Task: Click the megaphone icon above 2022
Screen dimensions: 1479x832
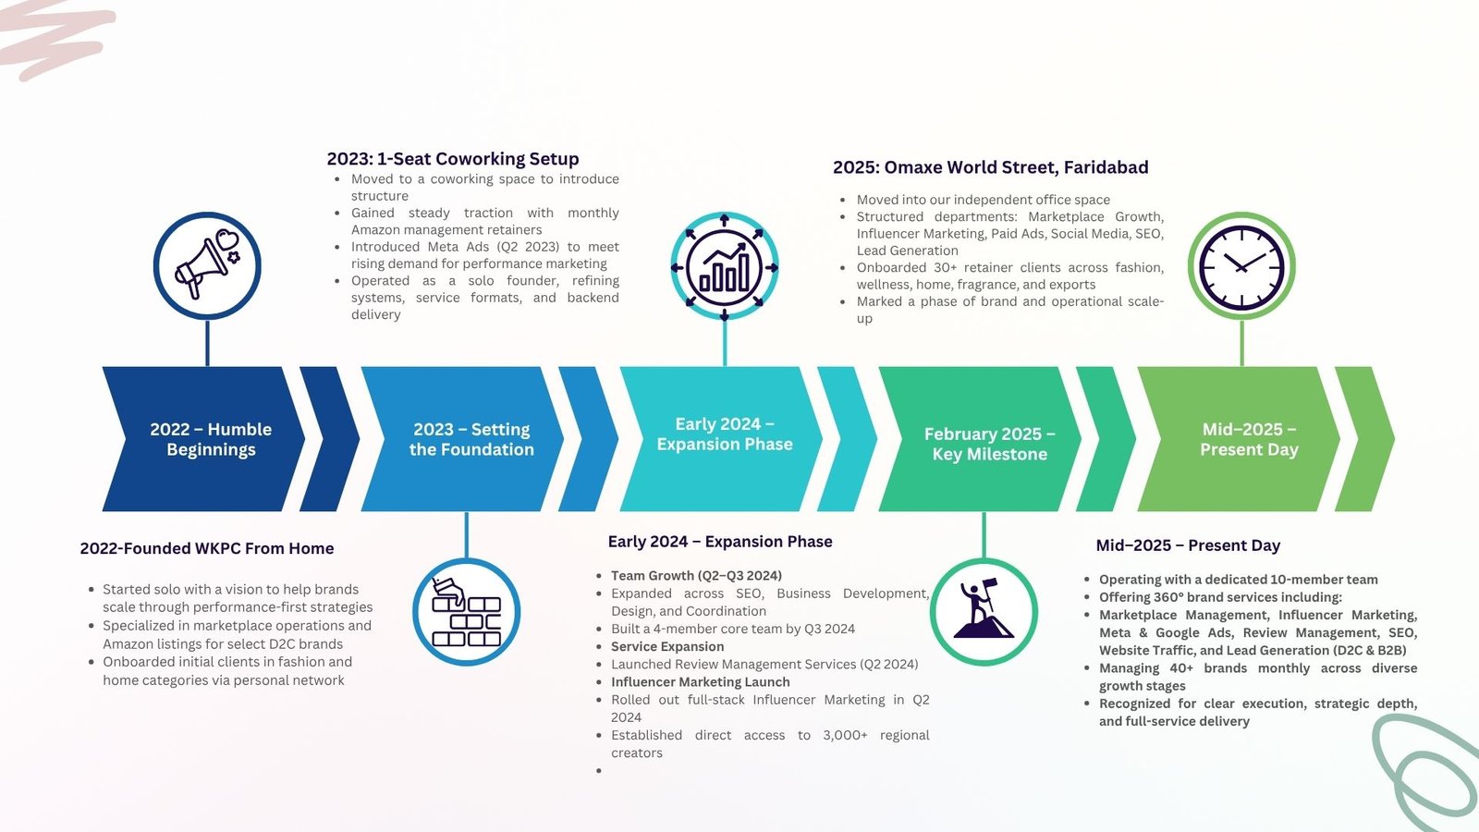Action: click(x=207, y=265)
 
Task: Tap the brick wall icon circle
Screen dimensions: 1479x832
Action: click(x=466, y=611)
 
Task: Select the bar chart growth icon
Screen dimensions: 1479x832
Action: click(x=725, y=267)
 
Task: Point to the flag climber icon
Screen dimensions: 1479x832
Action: click(x=984, y=611)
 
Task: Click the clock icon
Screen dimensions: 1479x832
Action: click(x=1241, y=265)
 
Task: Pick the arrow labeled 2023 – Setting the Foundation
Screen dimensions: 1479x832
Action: click(x=462, y=439)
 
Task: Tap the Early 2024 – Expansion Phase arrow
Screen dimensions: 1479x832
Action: click(x=721, y=439)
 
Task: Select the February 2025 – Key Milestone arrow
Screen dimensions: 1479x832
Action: click(x=980, y=439)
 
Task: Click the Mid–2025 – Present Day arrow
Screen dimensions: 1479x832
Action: click(x=1239, y=439)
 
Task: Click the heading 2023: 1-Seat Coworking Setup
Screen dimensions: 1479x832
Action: click(x=453, y=159)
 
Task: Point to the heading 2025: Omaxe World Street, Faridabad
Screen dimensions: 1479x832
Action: click(x=990, y=167)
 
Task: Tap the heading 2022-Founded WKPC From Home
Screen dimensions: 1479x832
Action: click(x=207, y=548)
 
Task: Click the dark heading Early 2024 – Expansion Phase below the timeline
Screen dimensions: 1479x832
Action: click(x=720, y=542)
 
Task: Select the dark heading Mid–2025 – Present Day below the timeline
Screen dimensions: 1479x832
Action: click(x=1188, y=545)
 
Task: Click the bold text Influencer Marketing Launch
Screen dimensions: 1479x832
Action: click(x=700, y=682)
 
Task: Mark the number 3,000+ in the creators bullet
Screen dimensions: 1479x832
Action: click(x=845, y=735)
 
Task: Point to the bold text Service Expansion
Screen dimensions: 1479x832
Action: click(x=666, y=646)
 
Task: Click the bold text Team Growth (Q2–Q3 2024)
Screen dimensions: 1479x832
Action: click(x=696, y=576)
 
